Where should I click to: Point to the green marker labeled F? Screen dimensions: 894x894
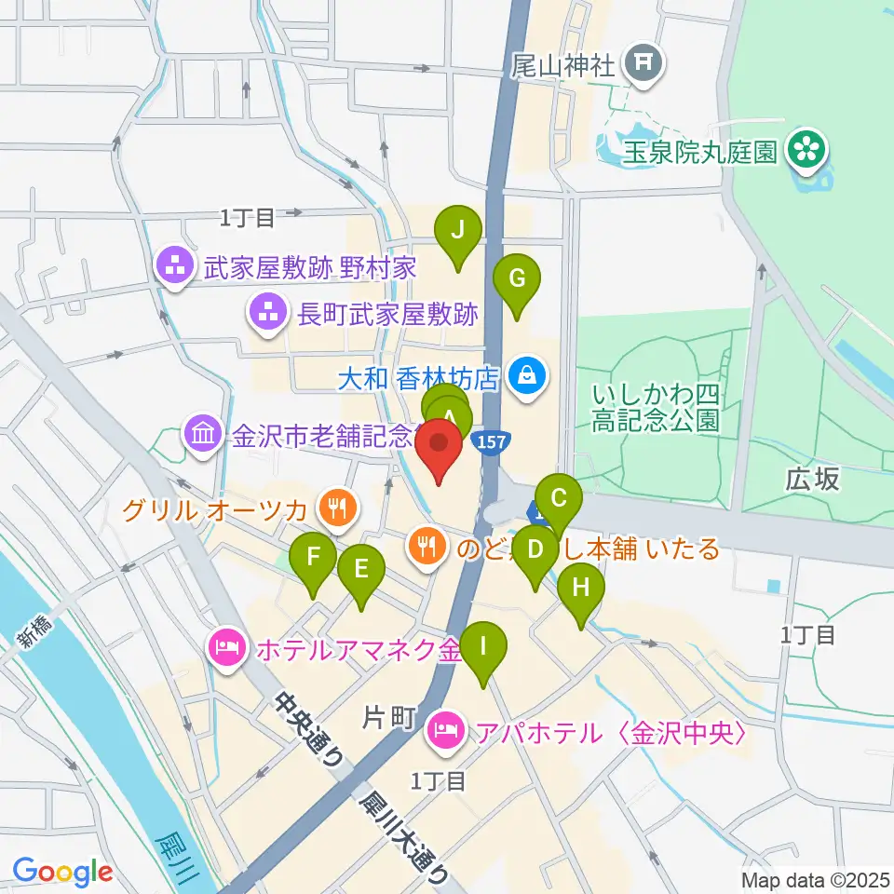(314, 559)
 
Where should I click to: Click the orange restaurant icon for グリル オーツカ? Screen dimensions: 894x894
(333, 508)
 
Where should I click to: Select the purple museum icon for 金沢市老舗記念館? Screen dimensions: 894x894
(201, 433)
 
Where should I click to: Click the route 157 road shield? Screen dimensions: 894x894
(489, 440)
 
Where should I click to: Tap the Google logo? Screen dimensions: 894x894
(62, 873)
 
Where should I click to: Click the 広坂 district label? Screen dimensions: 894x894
(812, 480)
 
